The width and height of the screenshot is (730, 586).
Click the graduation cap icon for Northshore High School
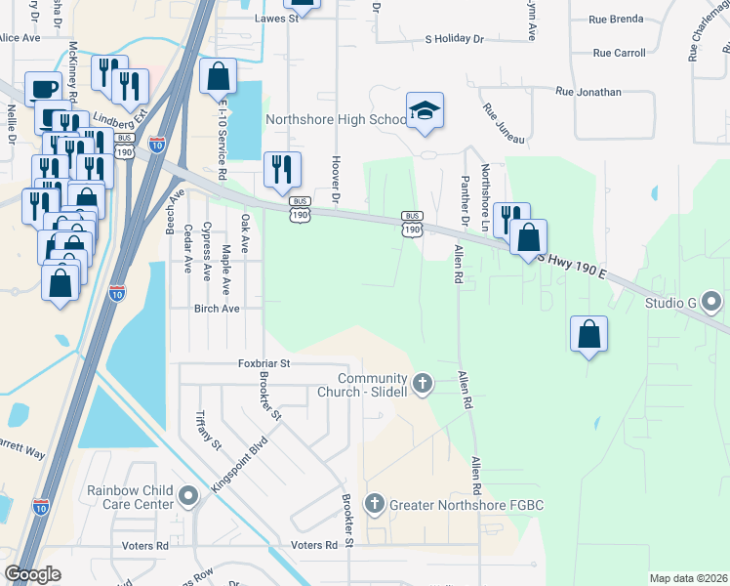(x=425, y=112)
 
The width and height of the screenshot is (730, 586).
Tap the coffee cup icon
(x=43, y=89)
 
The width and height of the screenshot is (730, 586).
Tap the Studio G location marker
(x=712, y=304)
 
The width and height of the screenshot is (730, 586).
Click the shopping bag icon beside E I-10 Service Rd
(x=218, y=77)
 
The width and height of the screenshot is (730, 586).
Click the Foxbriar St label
(x=265, y=362)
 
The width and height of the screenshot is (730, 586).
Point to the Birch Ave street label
(x=217, y=308)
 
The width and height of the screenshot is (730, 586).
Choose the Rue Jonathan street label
(x=588, y=92)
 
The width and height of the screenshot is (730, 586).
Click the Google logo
(x=33, y=574)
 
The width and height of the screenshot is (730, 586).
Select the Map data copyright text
(x=688, y=578)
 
